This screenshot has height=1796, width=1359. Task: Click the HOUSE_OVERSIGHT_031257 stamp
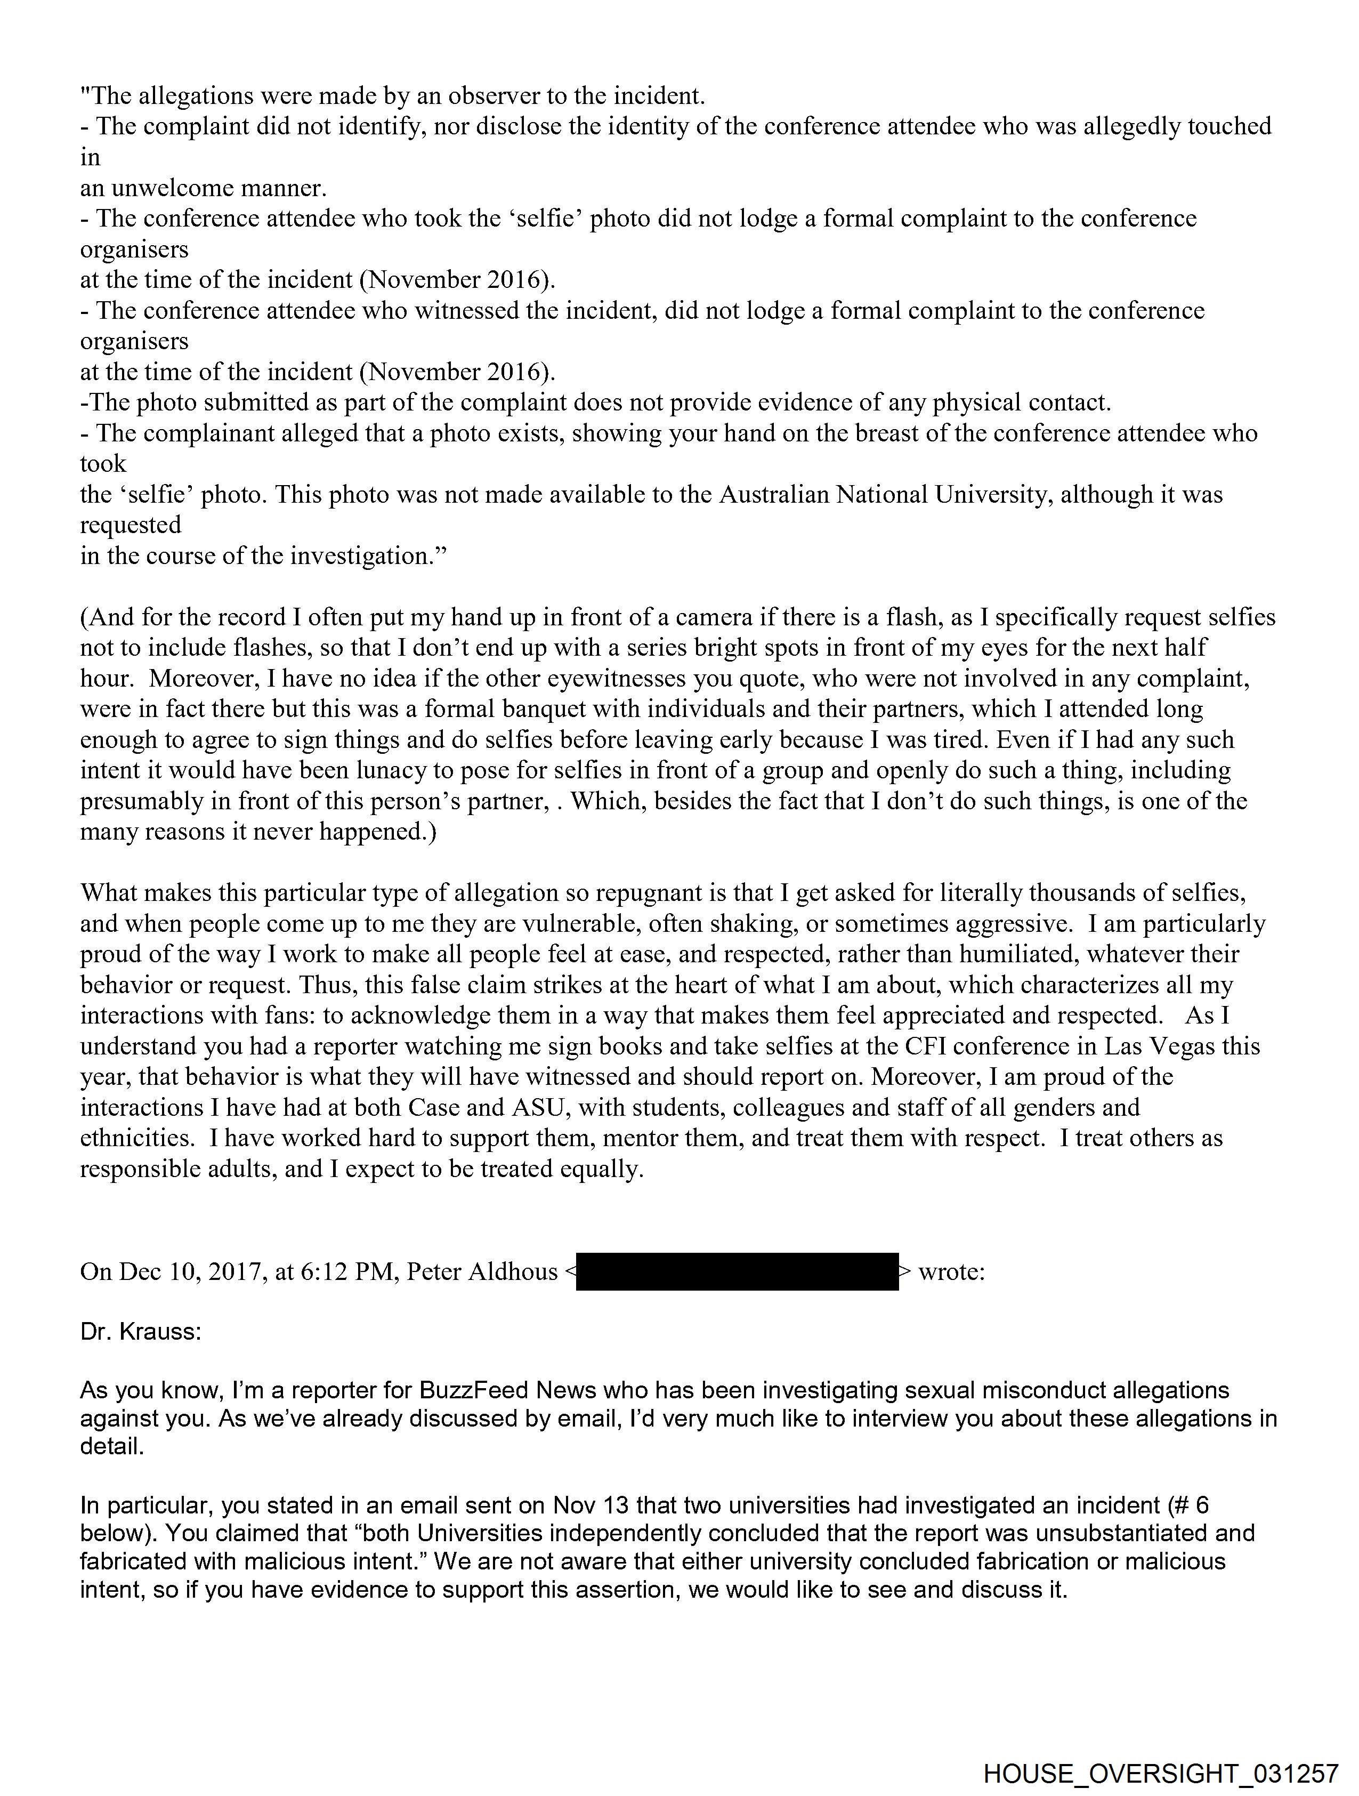click(1160, 1771)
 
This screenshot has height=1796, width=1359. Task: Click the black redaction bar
click(737, 1271)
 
